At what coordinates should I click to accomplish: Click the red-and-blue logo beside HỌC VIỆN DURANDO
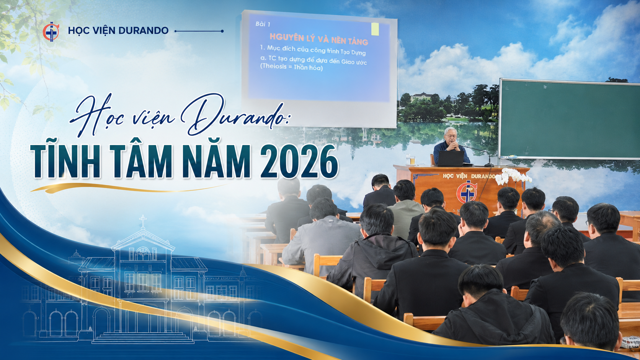coord(51,31)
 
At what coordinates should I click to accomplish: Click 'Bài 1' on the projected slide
coord(263,24)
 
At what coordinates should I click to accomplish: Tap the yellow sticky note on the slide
coord(375,29)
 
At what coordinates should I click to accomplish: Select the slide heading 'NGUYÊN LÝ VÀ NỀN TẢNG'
coord(319,39)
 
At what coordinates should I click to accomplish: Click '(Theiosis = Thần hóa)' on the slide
coord(291,67)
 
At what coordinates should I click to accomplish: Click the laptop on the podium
coord(451,158)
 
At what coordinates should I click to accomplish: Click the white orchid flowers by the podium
coord(513,176)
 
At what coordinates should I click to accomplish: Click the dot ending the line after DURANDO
coord(222,31)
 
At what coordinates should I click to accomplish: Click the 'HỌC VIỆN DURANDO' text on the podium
coord(469,176)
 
